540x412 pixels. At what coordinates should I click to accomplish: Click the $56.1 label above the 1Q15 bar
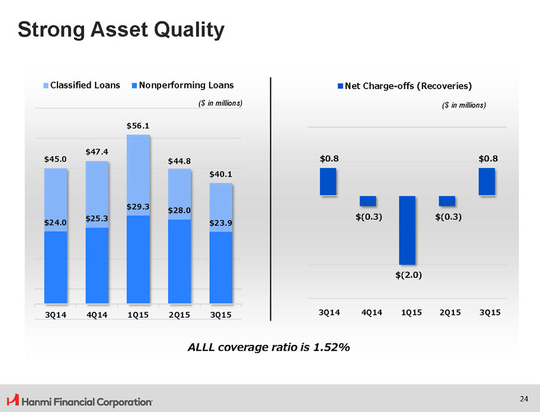(138, 126)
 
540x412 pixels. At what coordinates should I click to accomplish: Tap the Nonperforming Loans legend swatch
(135, 85)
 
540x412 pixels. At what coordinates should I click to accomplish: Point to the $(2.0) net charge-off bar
(407, 230)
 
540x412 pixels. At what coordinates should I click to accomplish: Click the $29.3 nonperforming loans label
(138, 207)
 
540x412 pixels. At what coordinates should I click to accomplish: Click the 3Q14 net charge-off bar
(328, 182)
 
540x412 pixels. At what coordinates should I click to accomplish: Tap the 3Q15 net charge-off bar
(487, 182)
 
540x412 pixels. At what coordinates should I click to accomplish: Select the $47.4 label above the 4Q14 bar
(97, 152)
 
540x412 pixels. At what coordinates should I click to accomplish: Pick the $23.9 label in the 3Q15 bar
(221, 223)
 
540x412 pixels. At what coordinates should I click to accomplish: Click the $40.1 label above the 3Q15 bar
(221, 174)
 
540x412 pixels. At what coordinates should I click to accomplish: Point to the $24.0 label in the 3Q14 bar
(56, 222)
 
